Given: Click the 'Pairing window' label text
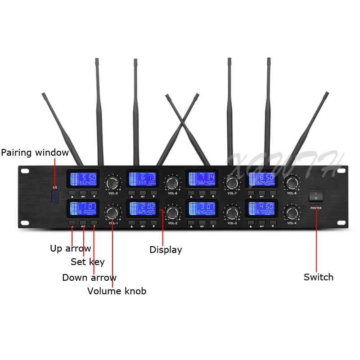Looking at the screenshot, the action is pos(35,153).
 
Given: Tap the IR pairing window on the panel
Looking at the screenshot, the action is pos(55,197).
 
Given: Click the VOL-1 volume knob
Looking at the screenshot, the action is pos(112,212).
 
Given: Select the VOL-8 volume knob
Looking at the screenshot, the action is pos(292,182).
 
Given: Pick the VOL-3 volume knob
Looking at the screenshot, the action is pos(232,212).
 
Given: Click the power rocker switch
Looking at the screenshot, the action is pos(315,197).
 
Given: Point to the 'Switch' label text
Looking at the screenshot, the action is pos(319,277).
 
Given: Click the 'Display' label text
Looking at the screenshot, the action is pos(166,250).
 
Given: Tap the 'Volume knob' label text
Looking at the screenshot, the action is pos(117,291).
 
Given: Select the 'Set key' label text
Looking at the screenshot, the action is pos(87,262).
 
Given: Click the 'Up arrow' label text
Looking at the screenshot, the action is pos(70,248).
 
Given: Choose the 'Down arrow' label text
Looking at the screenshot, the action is pos(89,278).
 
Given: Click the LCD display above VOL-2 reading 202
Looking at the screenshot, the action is pos(143,208).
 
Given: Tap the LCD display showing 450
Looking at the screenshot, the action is pos(261,208).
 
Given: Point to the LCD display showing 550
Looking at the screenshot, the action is pos(83,179).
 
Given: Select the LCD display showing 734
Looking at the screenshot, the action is pos(202,179).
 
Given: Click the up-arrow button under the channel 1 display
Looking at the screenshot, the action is pos(72,223).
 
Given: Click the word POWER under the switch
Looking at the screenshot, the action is pos(315,208).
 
